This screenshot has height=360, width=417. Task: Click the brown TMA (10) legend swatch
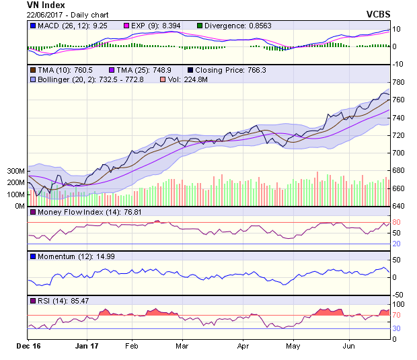[x=32, y=70]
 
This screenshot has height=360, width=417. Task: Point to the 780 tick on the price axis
[x=400, y=82]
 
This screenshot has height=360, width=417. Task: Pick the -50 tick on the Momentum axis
[x=399, y=295]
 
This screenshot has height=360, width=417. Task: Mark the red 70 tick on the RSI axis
[x=397, y=314]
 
